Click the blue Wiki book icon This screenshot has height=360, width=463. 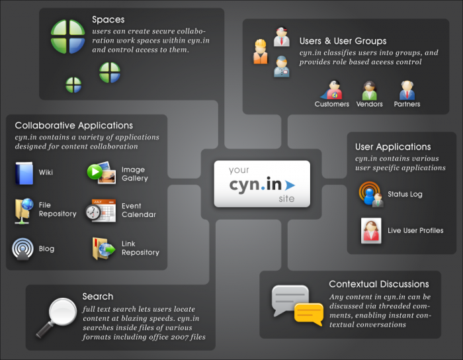(x=24, y=173)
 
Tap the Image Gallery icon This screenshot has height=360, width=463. (x=101, y=173)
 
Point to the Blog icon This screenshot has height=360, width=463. (x=23, y=249)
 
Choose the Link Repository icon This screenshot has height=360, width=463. (x=104, y=248)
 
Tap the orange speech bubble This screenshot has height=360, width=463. (x=308, y=313)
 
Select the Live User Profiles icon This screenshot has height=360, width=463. (x=370, y=230)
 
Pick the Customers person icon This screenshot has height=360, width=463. (x=332, y=90)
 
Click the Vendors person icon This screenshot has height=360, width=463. (x=369, y=90)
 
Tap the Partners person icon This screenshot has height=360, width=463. (x=407, y=90)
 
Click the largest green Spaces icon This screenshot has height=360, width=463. (x=68, y=36)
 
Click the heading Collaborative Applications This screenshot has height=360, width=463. (x=73, y=125)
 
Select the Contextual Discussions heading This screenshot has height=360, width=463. (x=379, y=284)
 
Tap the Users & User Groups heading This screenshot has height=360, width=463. (x=343, y=41)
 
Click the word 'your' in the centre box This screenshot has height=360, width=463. (x=239, y=170)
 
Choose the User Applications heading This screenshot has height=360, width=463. (x=393, y=147)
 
